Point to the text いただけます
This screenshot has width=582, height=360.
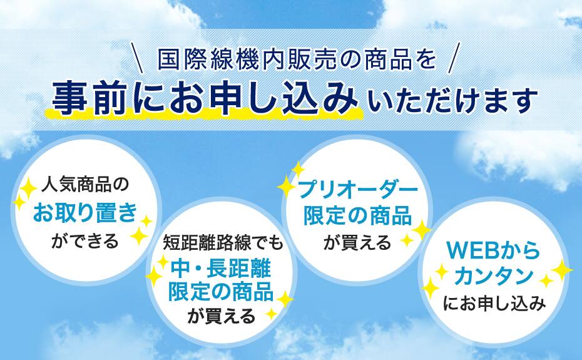(453, 100)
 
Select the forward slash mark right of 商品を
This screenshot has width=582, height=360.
(454, 58)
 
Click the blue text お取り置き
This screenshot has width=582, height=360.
(85, 213)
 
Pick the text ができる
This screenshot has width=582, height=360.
(85, 241)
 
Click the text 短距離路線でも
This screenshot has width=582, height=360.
(223, 244)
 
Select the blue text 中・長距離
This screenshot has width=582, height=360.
(221, 268)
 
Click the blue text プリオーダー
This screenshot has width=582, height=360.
(358, 190)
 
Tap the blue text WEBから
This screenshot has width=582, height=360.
(494, 251)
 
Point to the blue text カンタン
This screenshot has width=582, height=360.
(494, 276)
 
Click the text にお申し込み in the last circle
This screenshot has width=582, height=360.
(494, 304)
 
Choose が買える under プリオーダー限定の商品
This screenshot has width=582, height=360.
(357, 243)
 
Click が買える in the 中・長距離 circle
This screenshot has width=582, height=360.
(222, 316)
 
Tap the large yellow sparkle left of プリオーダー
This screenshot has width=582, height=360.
(286, 186)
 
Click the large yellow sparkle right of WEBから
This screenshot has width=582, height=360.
(562, 270)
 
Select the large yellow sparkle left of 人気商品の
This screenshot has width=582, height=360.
(28, 188)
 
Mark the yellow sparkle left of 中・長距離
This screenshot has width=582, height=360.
(154, 276)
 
